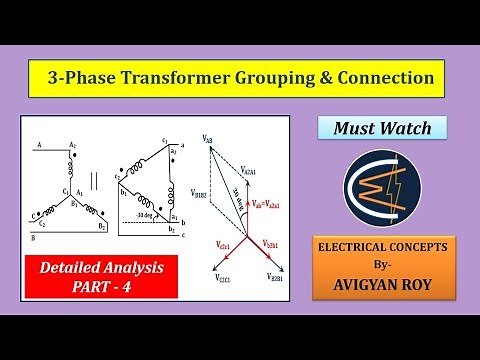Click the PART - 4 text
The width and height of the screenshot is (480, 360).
[101, 288]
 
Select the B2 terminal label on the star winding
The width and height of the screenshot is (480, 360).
[102, 228]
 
